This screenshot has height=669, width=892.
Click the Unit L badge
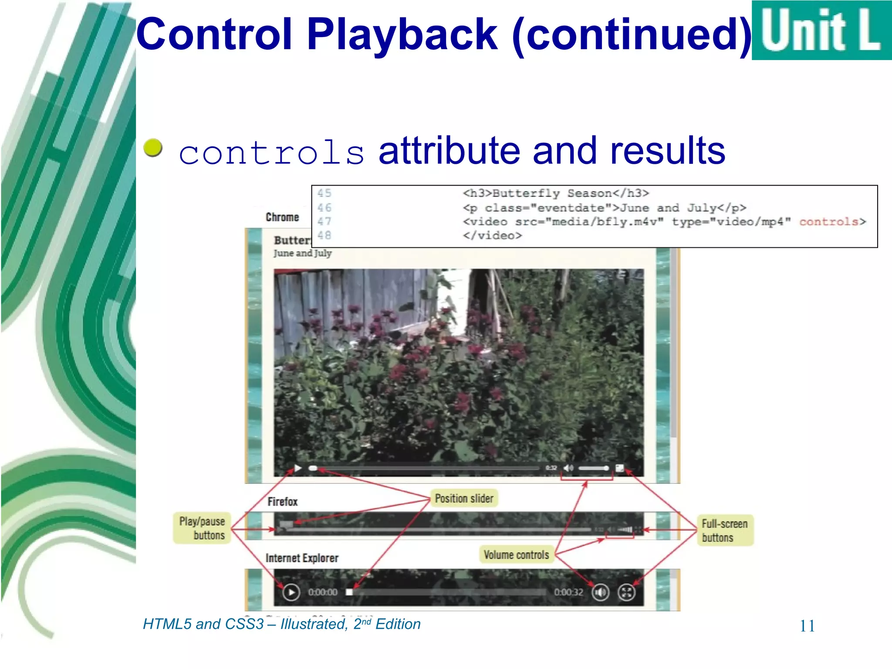pos(821,30)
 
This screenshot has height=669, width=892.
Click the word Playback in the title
pos(402,35)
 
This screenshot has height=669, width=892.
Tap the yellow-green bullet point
pos(153,148)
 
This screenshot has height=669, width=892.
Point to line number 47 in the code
pos(324,222)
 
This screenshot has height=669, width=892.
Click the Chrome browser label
pos(282,217)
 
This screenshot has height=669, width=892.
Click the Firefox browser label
pos(282,502)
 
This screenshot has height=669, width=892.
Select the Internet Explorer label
pos(302,558)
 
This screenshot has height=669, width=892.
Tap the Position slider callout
pos(464,499)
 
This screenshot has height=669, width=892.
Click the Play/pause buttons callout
pos(202,528)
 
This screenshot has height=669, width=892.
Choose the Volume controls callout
pos(516,555)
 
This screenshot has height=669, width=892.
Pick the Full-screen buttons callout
pos(725,530)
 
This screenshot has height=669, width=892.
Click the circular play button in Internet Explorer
pos(291,592)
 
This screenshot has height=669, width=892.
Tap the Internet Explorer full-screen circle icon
pos(626,592)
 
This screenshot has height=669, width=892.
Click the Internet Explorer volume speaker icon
pos(600,592)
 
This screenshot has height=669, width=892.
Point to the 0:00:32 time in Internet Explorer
pos(568,592)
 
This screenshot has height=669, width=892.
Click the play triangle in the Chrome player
pos(298,468)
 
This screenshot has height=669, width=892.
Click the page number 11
pos(807,626)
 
